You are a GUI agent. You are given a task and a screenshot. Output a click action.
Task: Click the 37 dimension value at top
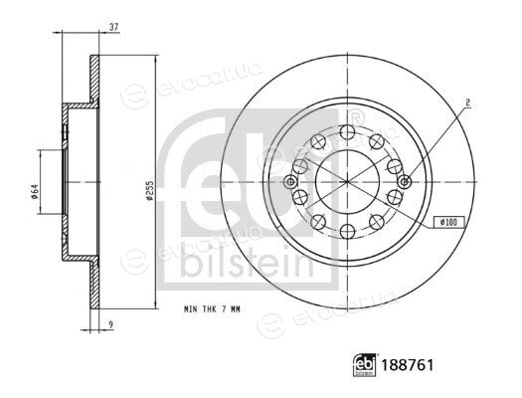coord(114,27)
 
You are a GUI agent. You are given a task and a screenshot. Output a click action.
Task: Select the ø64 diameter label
coord(35,191)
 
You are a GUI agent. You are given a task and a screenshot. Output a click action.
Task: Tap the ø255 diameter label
coord(150,190)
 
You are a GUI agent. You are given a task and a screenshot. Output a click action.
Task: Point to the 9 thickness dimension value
coord(111,323)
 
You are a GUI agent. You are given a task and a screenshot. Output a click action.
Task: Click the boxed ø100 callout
coord(448,222)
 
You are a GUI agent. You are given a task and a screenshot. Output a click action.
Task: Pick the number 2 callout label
coord(467,103)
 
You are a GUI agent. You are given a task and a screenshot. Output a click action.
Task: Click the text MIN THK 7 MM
coord(212,309)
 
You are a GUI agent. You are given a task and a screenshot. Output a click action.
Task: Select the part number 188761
coord(408,365)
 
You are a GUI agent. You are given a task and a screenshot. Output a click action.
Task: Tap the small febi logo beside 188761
coord(365,365)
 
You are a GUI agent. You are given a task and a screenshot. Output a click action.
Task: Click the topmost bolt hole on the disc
coord(348,132)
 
